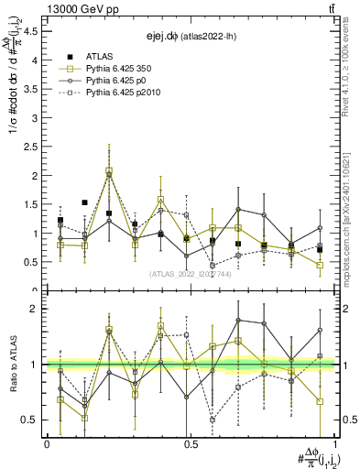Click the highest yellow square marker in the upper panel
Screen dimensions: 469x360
click(109, 171)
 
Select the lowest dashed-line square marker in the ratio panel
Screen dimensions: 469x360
click(213, 420)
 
